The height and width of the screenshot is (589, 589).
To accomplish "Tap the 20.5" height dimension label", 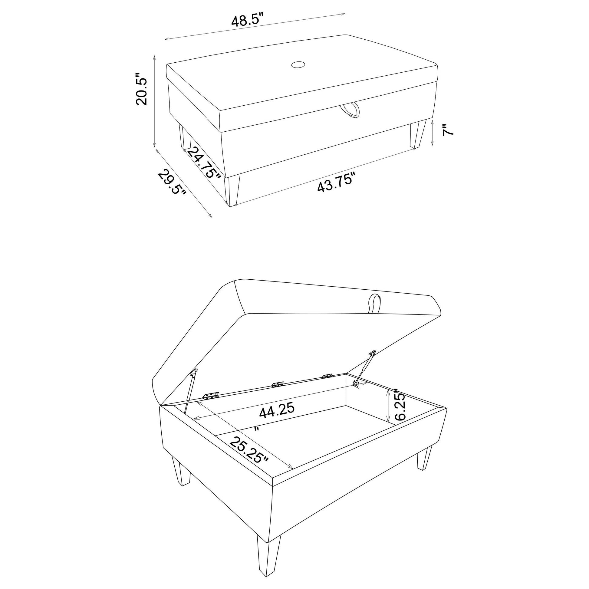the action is coord(142,89).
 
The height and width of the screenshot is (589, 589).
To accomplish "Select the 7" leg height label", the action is coord(448,130).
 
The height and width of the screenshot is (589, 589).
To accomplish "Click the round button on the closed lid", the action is coord(298,65).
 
